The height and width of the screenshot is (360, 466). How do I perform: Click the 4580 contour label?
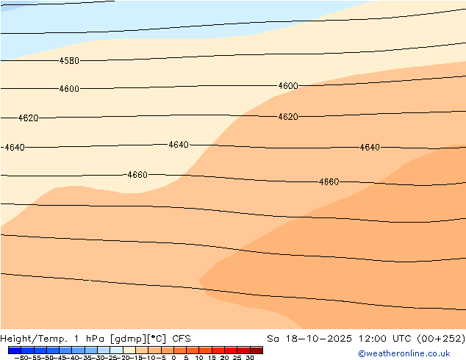pyautogui.click(x=69, y=61)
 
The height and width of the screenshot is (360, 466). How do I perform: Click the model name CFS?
pyautogui.click(x=182, y=339)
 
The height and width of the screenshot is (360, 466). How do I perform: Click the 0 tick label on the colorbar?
pyautogui.click(x=173, y=358)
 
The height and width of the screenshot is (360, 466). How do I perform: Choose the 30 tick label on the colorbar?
pyautogui.click(x=250, y=358)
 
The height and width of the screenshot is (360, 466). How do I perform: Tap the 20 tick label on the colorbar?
pyautogui.click(x=224, y=358)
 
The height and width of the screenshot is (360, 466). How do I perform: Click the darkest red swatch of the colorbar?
pyautogui.click(x=256, y=350)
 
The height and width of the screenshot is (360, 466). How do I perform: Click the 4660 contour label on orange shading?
pyautogui.click(x=329, y=181)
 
